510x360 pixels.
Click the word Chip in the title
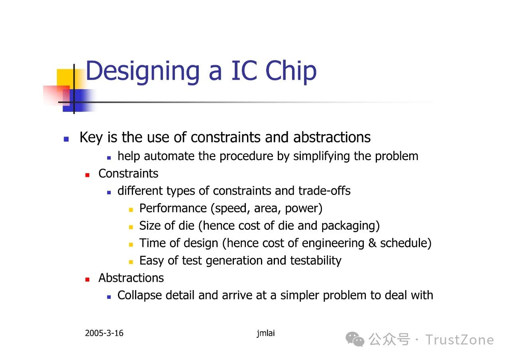click(x=291, y=71)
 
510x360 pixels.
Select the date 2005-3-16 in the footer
click(x=104, y=333)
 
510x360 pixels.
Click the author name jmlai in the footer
click(x=266, y=333)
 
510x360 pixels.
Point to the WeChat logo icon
click(x=355, y=339)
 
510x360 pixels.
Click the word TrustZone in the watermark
click(x=459, y=340)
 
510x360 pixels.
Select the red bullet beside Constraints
click(x=87, y=175)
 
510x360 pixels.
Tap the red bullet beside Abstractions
click(x=87, y=279)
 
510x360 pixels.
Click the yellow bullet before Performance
click(x=131, y=209)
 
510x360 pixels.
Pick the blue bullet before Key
click(x=66, y=139)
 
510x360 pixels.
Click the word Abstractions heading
click(x=131, y=278)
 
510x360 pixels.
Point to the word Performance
click(x=173, y=208)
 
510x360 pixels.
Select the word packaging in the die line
click(x=351, y=226)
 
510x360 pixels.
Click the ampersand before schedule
click(x=372, y=243)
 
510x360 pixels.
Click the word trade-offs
click(x=324, y=191)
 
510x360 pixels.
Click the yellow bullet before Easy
click(x=131, y=262)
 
